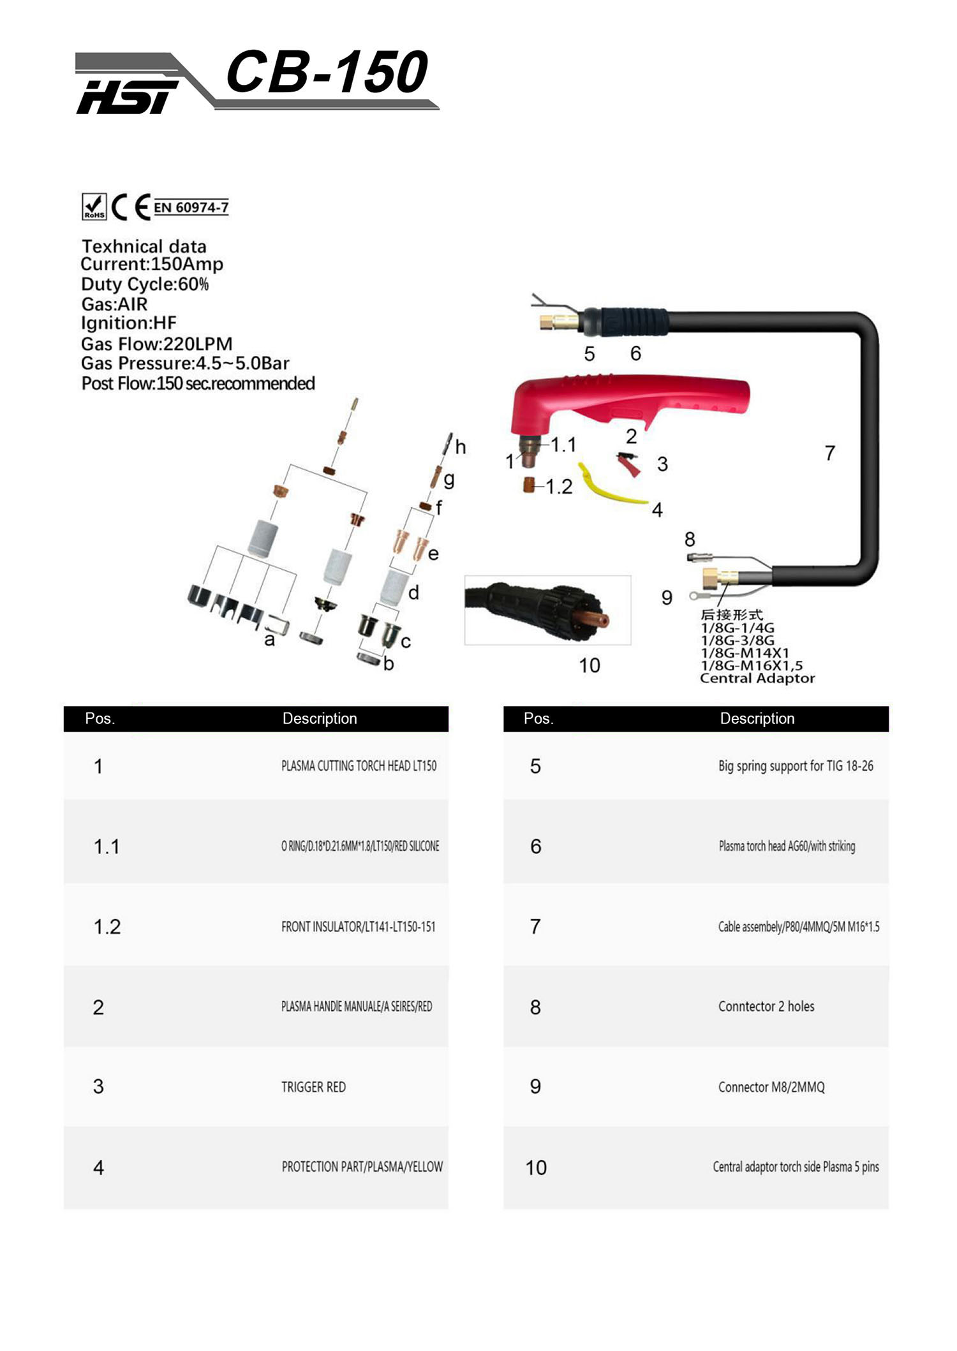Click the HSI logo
pos(127,97)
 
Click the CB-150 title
pos(327,72)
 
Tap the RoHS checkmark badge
pos(94,207)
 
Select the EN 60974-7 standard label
pos(191,207)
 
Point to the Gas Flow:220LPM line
pos(156,344)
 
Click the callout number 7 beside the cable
pos(829,453)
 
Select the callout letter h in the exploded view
pos(460,447)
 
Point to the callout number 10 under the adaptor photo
pos(590,665)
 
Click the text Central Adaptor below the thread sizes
pos(757,678)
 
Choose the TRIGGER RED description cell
pos(313,1087)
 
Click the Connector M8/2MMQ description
pos(771,1087)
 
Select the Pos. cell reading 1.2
pos(107,927)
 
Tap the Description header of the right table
pos(757,718)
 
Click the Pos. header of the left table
pos(100,718)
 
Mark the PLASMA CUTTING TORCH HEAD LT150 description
pos(359,765)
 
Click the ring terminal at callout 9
pos(695,596)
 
